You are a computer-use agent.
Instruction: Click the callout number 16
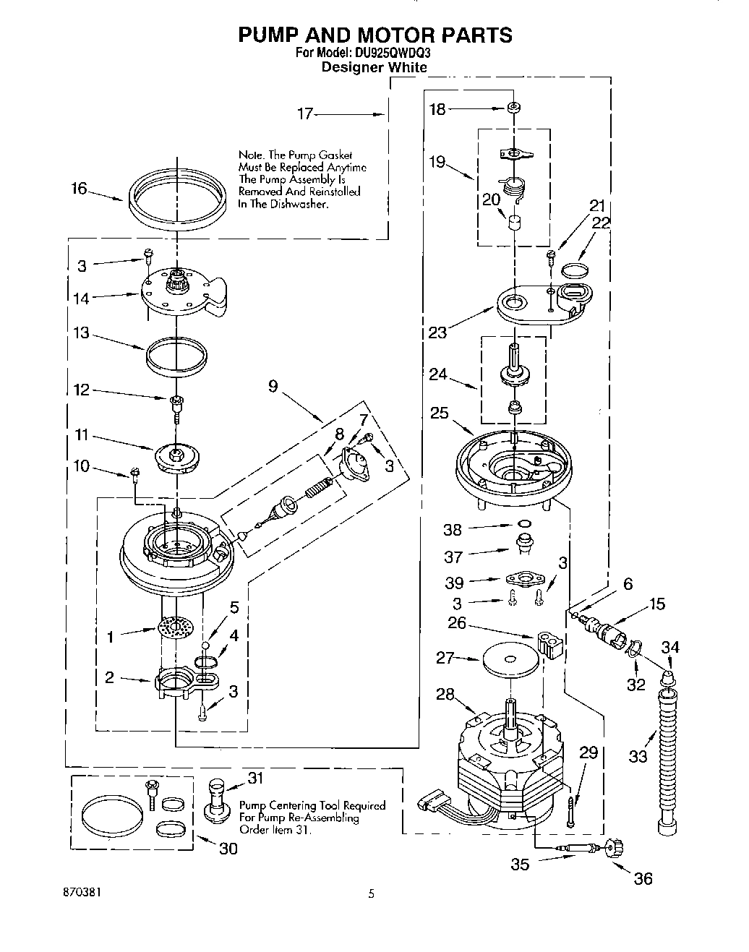click(x=79, y=189)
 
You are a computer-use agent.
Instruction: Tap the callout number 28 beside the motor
click(x=445, y=694)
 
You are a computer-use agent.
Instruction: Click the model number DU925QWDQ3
click(x=394, y=53)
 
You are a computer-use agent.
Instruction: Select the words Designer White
click(x=374, y=67)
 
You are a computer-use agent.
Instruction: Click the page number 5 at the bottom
click(x=372, y=893)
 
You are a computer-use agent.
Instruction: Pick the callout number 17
click(x=306, y=113)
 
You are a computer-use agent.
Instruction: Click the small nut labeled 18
click(x=513, y=108)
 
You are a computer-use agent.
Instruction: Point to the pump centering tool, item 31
click(x=216, y=799)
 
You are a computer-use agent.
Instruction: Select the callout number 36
click(x=643, y=878)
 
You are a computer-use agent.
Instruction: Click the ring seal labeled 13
click(x=177, y=354)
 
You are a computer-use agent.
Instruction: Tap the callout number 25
click(x=439, y=413)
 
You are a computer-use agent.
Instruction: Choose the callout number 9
click(x=273, y=386)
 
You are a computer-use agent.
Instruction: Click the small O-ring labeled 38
click(x=526, y=524)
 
